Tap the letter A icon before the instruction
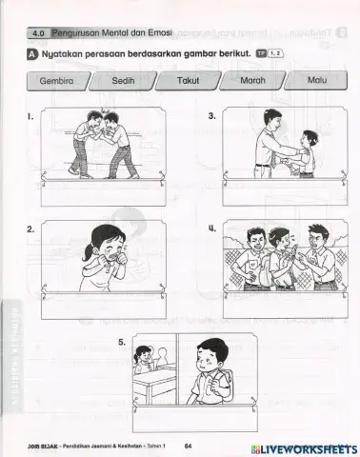click(x=32, y=55)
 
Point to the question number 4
click(x=211, y=229)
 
